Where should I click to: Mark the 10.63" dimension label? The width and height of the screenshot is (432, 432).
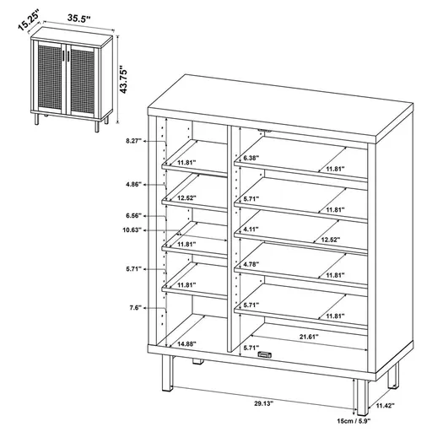click(x=132, y=230)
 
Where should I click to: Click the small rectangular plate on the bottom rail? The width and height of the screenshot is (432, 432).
click(x=264, y=355)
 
